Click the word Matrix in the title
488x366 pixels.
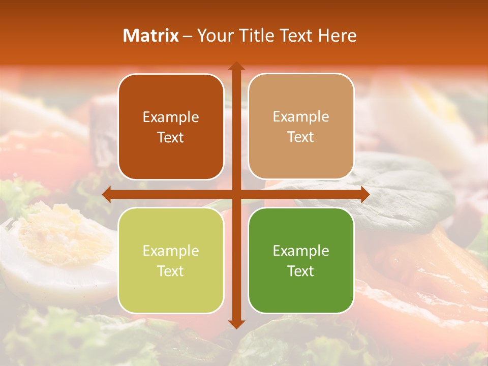click(151, 36)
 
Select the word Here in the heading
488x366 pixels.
click(337, 36)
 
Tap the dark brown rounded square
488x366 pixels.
click(171, 127)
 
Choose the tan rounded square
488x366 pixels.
click(301, 127)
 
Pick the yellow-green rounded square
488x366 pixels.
click(171, 260)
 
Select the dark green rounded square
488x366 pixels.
click(301, 260)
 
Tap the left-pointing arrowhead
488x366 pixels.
click(106, 195)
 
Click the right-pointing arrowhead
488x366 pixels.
click(365, 195)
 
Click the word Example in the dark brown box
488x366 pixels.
click(171, 117)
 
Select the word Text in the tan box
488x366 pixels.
click(301, 137)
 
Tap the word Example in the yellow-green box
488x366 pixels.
click(171, 251)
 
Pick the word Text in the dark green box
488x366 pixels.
click(301, 271)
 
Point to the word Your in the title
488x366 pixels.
click(215, 36)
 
